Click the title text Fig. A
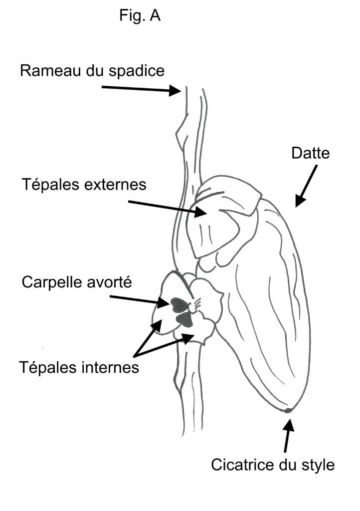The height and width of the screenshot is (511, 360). (x=140, y=16)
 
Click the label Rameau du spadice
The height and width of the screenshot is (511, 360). (x=92, y=70)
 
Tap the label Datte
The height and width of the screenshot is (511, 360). (x=311, y=153)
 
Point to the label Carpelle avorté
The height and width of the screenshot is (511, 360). (x=76, y=282)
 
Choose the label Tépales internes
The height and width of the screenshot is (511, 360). (x=78, y=368)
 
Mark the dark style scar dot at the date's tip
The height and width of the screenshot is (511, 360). (x=288, y=411)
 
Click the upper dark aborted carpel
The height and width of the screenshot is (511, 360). (x=178, y=302)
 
